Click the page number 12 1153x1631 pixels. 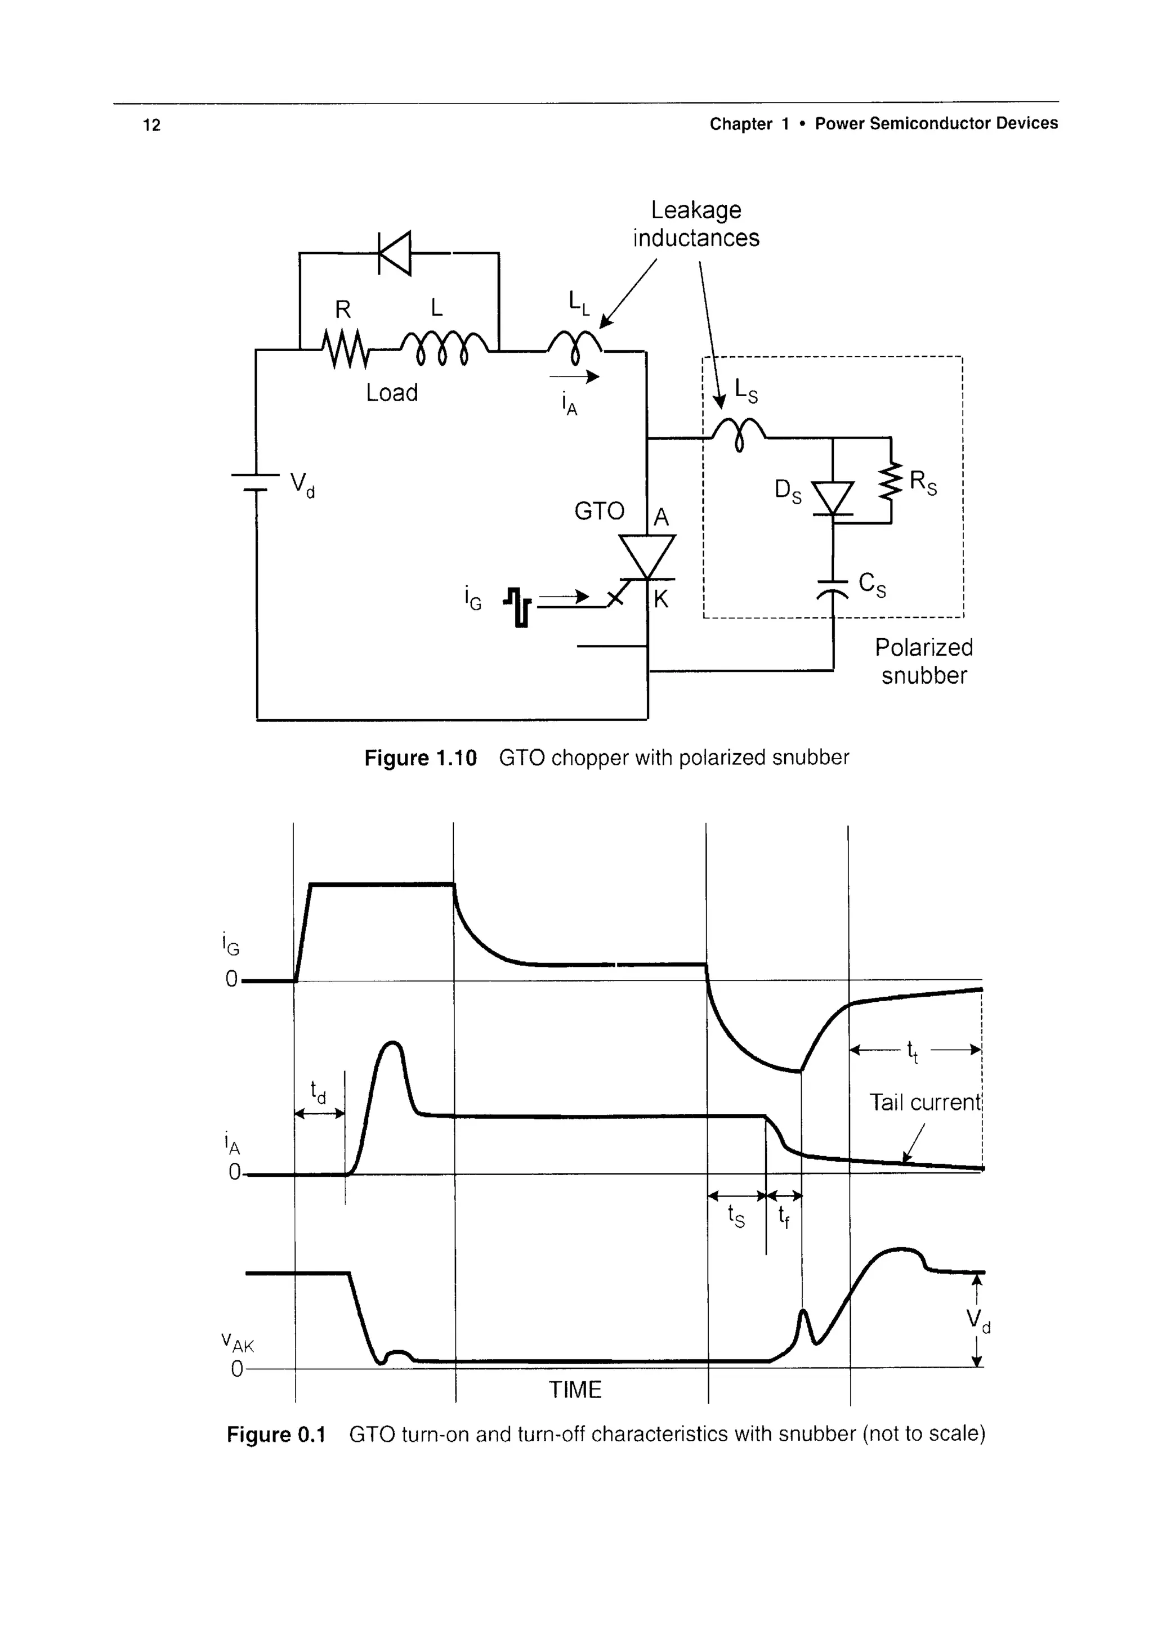[x=151, y=125]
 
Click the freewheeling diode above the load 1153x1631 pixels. [x=396, y=253]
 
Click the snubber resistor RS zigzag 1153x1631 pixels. [x=890, y=482]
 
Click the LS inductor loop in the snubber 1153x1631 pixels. [x=739, y=431]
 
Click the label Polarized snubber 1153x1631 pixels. [x=923, y=661]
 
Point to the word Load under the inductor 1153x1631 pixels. [x=391, y=392]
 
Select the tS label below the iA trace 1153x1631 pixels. [x=737, y=1217]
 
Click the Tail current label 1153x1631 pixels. [x=925, y=1102]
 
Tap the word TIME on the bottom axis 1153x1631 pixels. [x=575, y=1390]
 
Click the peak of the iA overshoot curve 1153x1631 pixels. [x=393, y=1043]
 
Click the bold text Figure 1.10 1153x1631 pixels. [x=421, y=758]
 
